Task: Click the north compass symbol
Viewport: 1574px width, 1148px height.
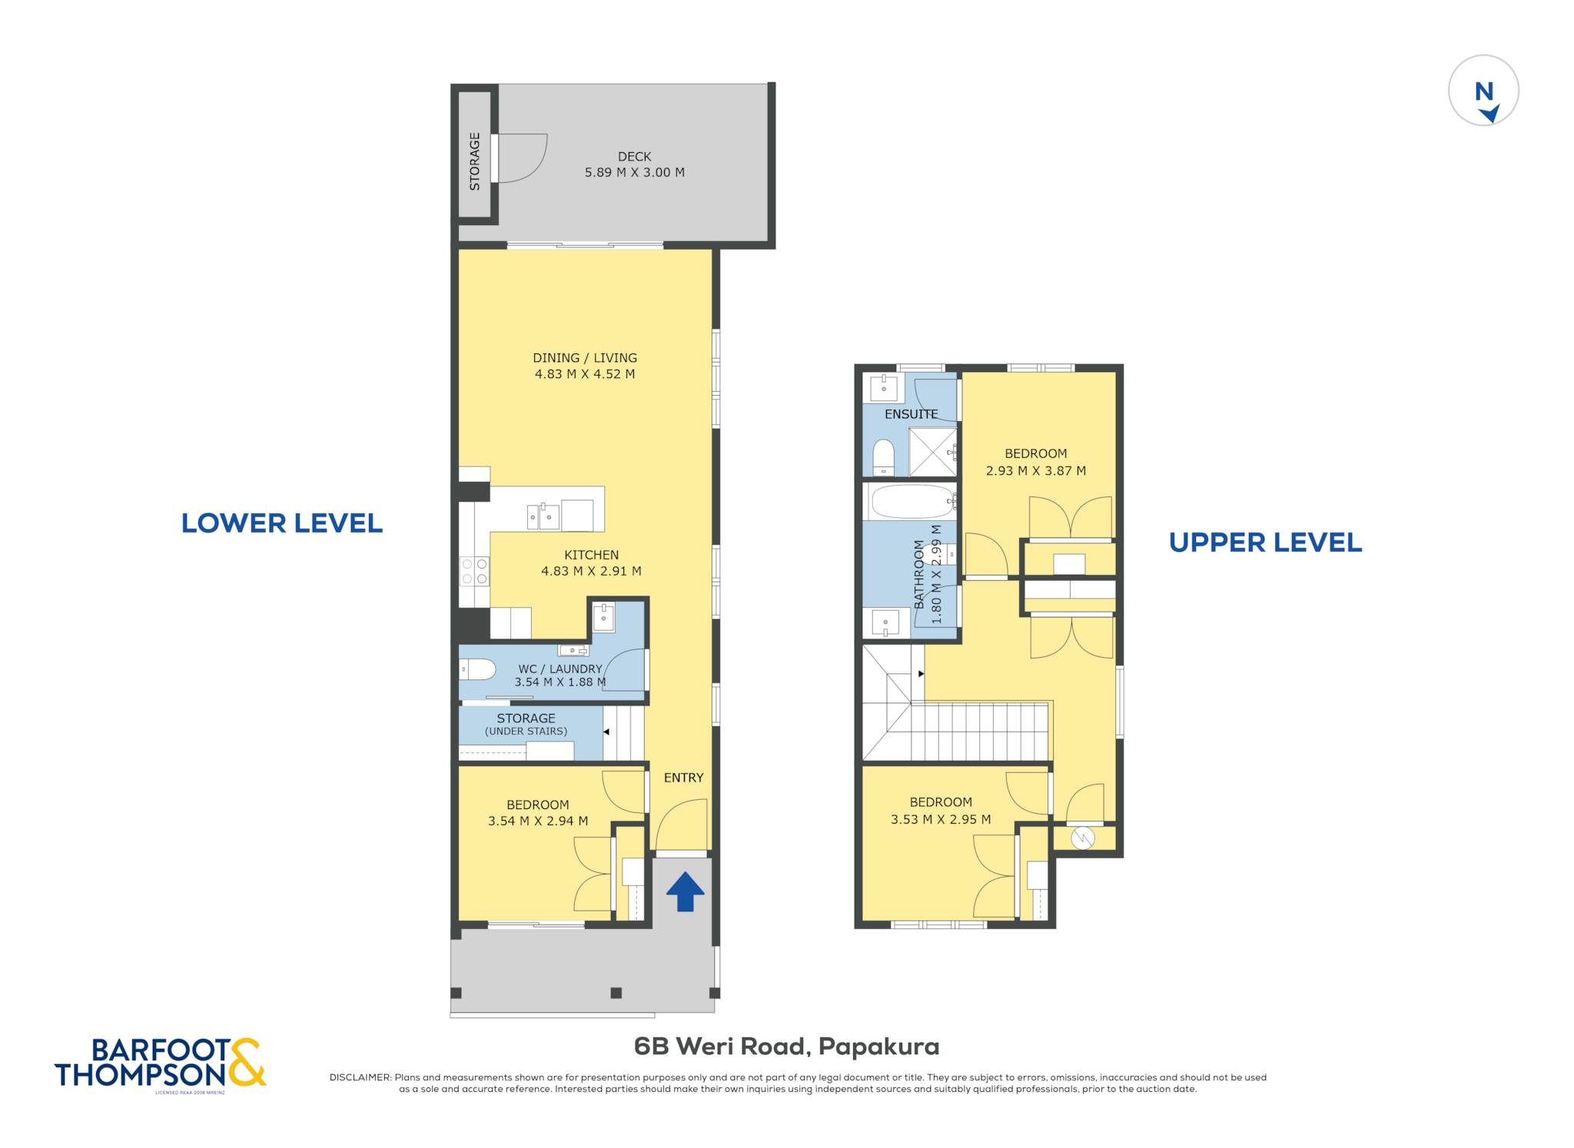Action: click(x=1483, y=91)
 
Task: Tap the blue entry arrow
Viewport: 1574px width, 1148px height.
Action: click(x=685, y=891)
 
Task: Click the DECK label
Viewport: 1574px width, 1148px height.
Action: click(x=634, y=156)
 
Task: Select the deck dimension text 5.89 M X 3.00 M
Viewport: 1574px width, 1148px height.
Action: click(x=634, y=172)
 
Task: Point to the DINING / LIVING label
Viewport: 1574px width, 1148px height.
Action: click(x=585, y=357)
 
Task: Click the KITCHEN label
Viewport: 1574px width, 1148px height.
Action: click(x=591, y=555)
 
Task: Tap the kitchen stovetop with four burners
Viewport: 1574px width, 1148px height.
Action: click(x=474, y=571)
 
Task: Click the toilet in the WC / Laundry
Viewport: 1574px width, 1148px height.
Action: click(x=477, y=669)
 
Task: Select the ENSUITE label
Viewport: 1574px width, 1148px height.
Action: click(x=911, y=414)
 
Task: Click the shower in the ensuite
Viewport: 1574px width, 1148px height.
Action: click(x=933, y=452)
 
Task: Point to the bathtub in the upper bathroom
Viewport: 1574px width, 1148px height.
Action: click(x=912, y=502)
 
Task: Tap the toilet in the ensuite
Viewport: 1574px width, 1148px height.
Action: click(x=884, y=457)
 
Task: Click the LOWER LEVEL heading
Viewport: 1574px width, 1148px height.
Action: click(x=282, y=523)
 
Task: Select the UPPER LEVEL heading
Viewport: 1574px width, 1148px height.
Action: click(x=1265, y=542)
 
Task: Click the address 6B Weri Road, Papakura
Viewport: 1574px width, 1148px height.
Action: click(x=786, y=1047)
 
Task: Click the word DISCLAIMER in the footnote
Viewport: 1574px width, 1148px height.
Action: click(x=360, y=1077)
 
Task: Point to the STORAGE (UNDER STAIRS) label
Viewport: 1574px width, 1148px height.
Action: click(x=526, y=725)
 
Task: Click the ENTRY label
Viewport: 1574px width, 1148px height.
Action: click(x=683, y=778)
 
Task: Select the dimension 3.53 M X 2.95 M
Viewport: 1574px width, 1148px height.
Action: click(x=941, y=819)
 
